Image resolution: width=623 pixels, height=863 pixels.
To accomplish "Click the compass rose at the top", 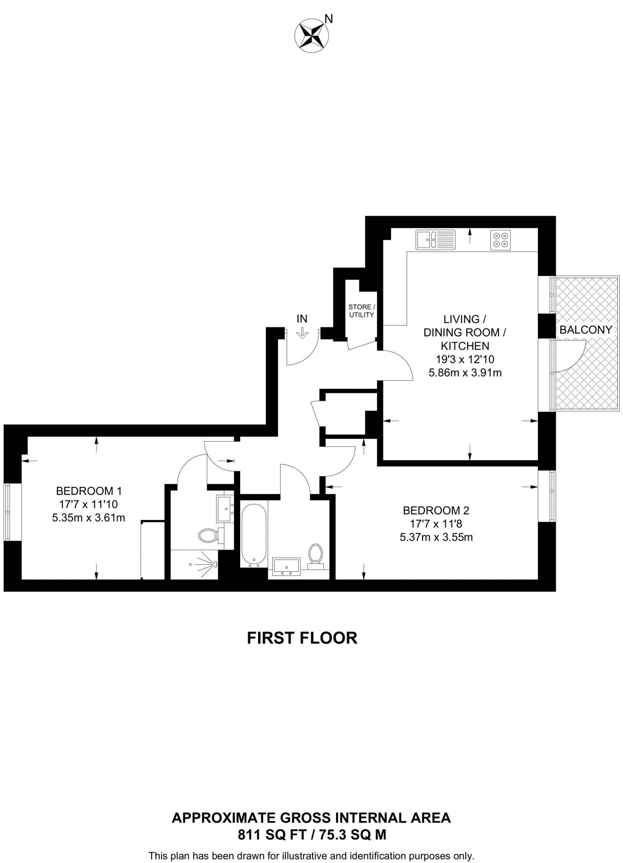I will click(311, 35).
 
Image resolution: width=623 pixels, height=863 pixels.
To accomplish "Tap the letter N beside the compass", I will click(329, 19).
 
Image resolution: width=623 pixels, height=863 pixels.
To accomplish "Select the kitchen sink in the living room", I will click(435, 240).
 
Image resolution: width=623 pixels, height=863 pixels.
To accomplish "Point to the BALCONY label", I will click(586, 330).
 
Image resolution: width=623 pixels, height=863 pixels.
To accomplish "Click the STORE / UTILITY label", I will click(361, 311).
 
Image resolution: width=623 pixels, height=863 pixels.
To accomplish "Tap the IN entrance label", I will click(302, 319).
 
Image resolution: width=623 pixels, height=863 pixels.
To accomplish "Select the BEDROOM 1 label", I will click(89, 491).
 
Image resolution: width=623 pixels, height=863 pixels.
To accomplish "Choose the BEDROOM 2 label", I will click(436, 511).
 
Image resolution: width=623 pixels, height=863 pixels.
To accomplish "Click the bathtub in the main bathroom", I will click(254, 534).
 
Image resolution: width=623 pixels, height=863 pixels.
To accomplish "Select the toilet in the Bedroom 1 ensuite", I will click(208, 536).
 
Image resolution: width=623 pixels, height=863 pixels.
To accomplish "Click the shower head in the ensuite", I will click(214, 564).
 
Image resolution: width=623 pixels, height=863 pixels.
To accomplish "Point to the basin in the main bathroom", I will click(286, 566).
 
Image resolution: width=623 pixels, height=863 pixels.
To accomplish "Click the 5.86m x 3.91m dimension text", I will click(465, 373).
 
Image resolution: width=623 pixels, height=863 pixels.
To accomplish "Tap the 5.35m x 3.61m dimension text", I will click(88, 518).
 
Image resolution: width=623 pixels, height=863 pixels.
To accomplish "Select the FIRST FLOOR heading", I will click(302, 638).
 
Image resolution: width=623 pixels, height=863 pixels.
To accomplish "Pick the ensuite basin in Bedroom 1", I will click(225, 508).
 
